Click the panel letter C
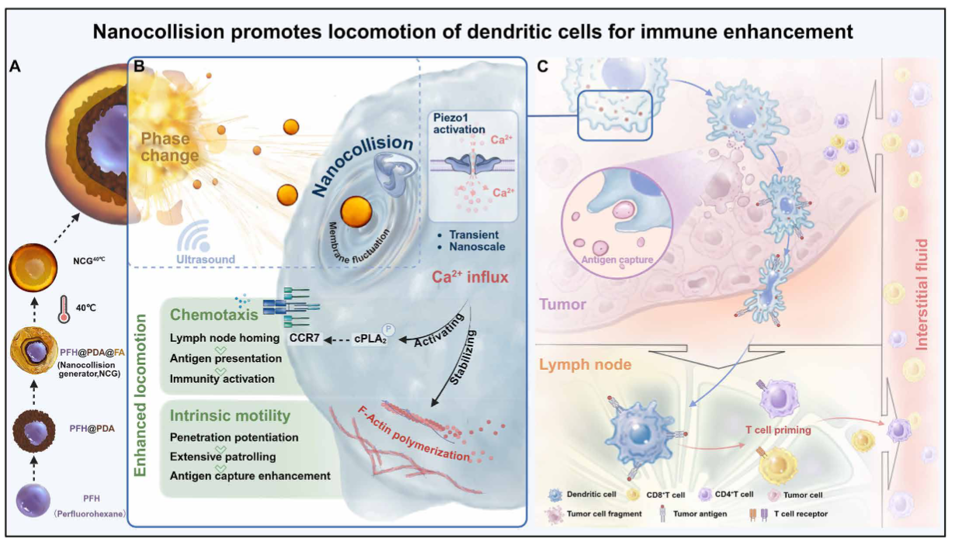pos(543,67)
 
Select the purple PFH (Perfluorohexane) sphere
pos(36,498)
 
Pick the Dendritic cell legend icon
pos(554,494)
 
